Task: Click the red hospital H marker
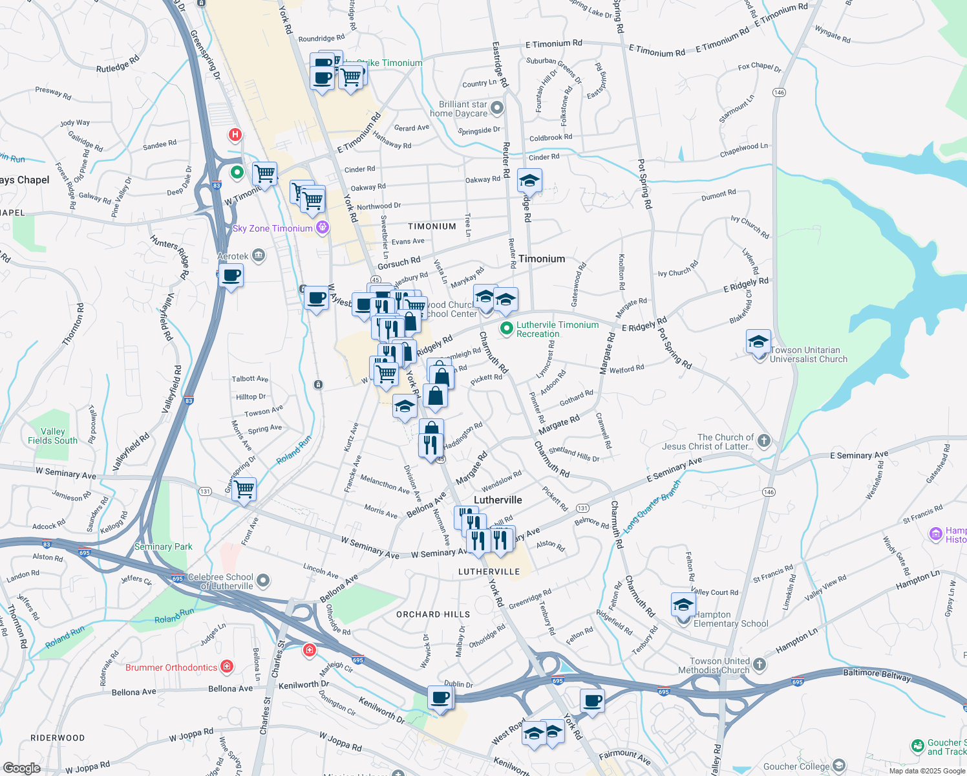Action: [235, 135]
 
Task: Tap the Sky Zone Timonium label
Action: [272, 228]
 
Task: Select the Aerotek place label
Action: [233, 256]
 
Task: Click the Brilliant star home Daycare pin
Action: [496, 108]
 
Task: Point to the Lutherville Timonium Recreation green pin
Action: [507, 329]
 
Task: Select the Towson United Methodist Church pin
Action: [760, 665]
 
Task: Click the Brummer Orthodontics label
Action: [171, 667]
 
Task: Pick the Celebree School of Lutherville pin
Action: [262, 581]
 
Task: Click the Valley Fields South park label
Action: [52, 436]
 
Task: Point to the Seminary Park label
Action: [164, 546]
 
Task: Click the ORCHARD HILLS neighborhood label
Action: [433, 614]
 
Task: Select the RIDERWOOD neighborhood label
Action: [58, 738]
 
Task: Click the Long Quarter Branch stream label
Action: [653, 506]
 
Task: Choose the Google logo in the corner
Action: [21, 768]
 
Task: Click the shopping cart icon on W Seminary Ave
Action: [244, 490]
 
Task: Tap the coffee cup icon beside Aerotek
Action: [231, 276]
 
